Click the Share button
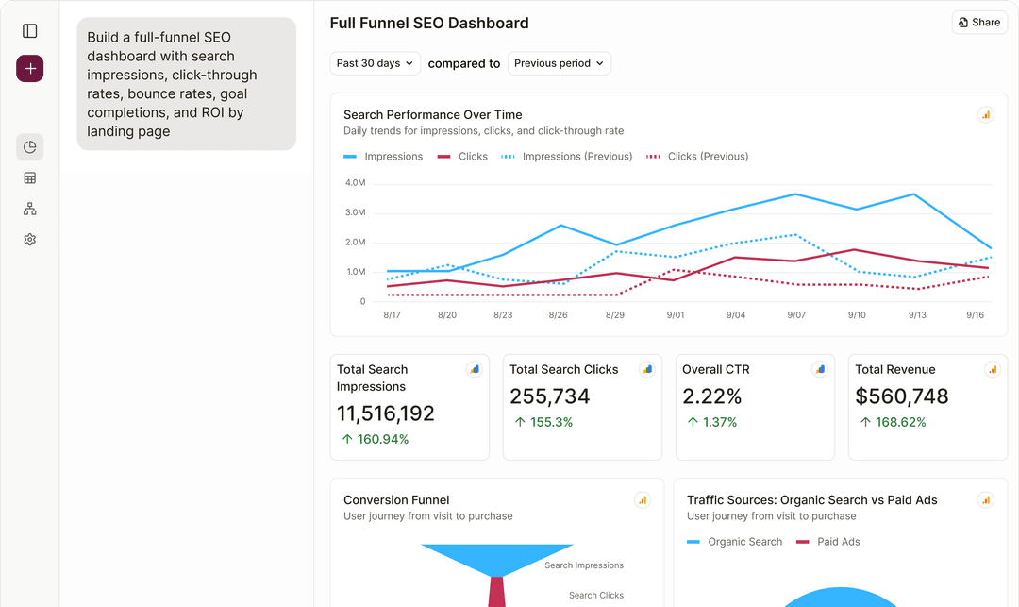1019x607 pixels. [x=979, y=23]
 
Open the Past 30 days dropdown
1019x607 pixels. [x=375, y=63]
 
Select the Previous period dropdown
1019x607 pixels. [x=560, y=63]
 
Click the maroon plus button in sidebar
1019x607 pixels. [x=30, y=69]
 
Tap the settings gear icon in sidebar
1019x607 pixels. [x=30, y=240]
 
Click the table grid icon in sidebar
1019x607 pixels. [x=30, y=178]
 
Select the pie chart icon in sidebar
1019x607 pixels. [x=30, y=147]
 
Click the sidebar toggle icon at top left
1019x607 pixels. [x=30, y=31]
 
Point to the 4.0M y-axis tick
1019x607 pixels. [x=355, y=183]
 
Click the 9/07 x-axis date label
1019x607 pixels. [x=796, y=315]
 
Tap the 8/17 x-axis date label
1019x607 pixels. [x=392, y=315]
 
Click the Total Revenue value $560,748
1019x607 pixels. [x=901, y=396]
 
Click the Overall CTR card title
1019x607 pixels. [x=715, y=369]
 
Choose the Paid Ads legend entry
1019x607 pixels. [x=838, y=542]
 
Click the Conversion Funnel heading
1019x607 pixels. [x=396, y=500]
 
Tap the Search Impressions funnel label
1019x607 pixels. [x=583, y=565]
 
